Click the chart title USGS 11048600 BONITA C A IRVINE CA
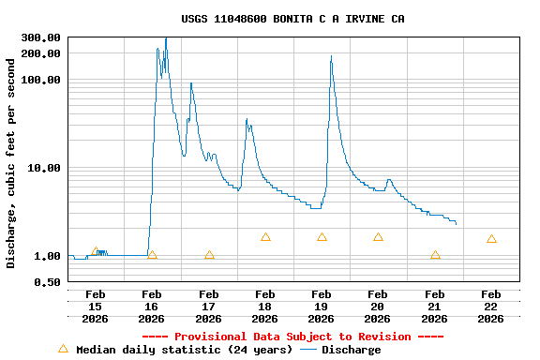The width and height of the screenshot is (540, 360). coord(292,19)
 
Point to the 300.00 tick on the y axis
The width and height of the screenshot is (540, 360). coord(42,37)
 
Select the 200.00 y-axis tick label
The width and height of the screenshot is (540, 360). coord(42,53)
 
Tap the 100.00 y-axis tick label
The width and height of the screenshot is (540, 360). coord(42,80)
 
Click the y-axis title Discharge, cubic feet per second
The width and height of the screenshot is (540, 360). coord(11,163)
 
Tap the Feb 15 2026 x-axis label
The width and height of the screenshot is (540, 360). coord(96,307)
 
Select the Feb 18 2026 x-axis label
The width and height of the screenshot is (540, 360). coord(265,307)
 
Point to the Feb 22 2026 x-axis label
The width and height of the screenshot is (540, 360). coord(491,307)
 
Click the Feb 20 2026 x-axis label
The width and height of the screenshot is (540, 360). coord(378,307)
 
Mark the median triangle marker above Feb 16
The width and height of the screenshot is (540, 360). coord(153,255)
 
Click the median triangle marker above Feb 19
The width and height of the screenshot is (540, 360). coord(322,237)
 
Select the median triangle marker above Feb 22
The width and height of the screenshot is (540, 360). coord(491,239)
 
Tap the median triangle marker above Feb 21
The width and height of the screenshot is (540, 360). coord(435,255)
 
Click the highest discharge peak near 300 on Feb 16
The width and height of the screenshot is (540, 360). coord(166,38)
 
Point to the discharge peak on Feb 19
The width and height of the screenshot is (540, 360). coord(331,58)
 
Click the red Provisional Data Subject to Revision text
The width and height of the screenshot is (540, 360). coord(292,337)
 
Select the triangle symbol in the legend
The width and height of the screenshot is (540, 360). coord(63,349)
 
